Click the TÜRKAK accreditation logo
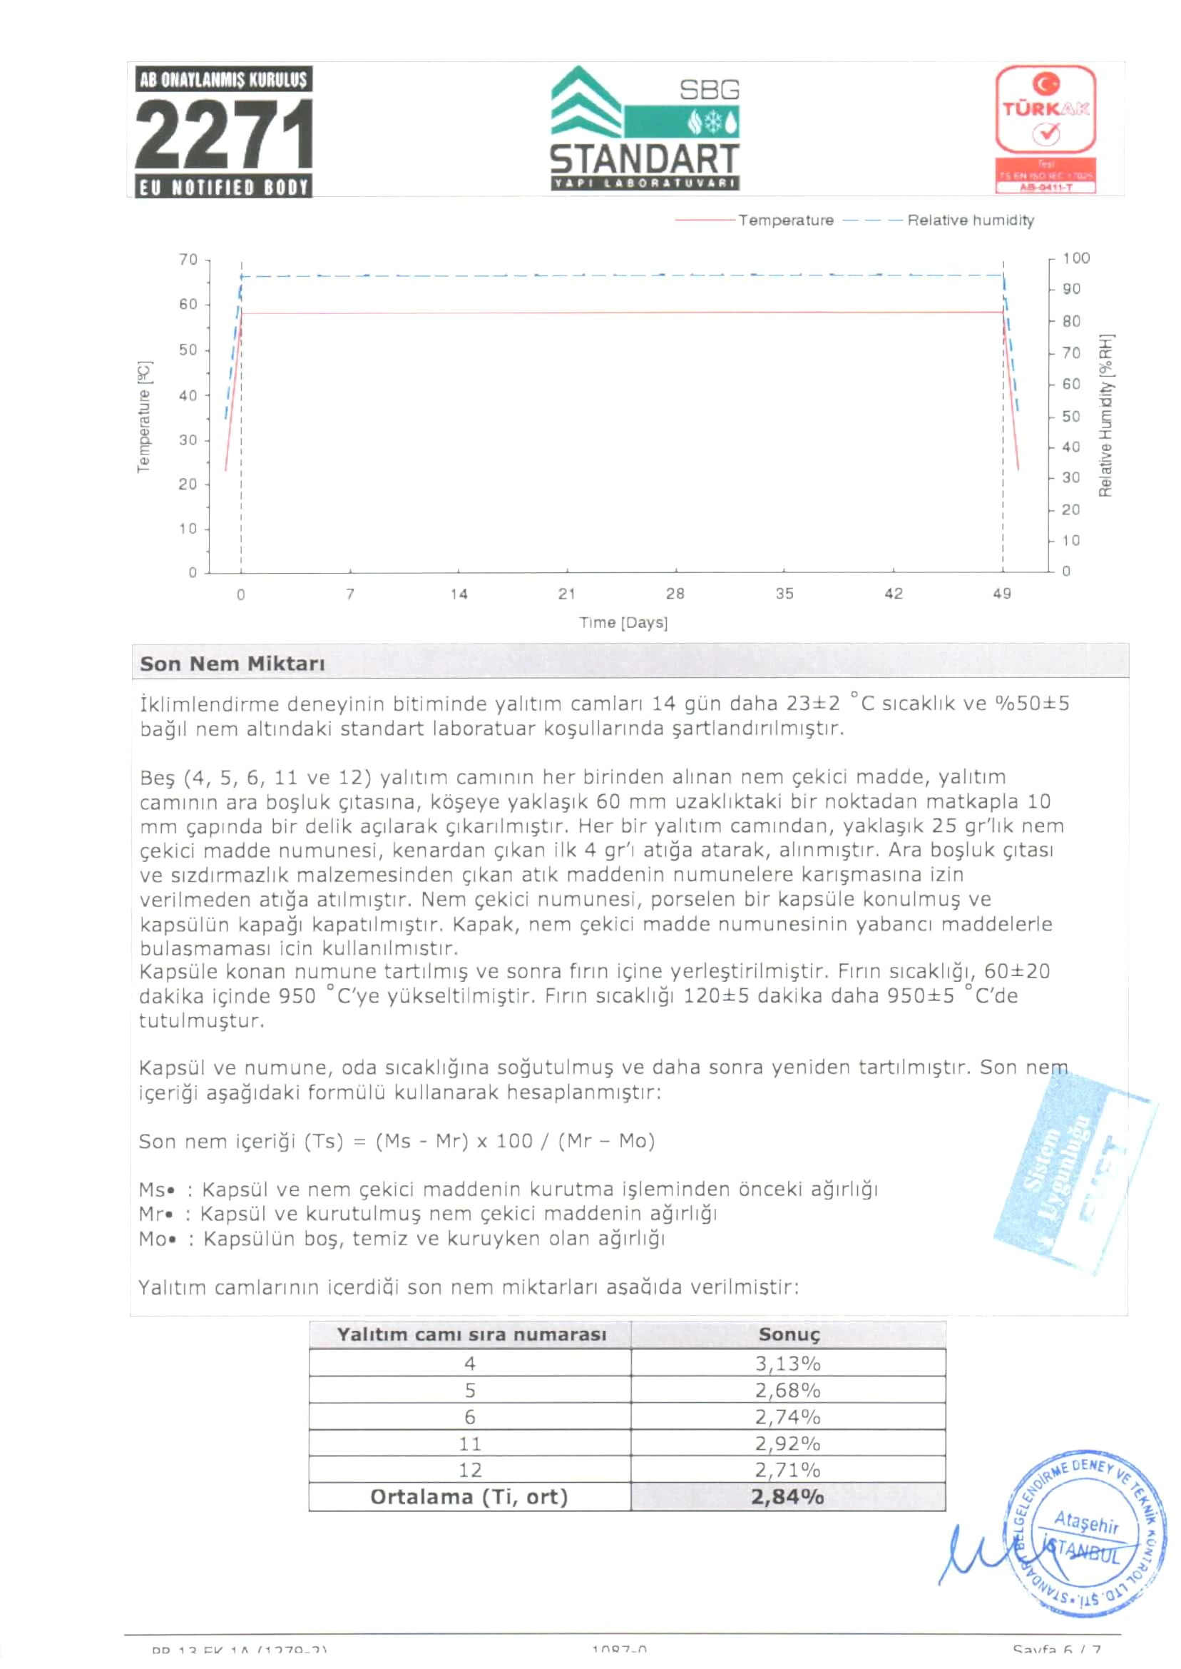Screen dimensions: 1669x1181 [1045, 128]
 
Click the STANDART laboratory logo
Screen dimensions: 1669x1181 [645, 128]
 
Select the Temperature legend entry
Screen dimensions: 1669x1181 [785, 220]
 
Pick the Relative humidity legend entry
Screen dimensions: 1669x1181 [970, 220]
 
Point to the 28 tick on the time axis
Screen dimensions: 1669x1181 [675, 594]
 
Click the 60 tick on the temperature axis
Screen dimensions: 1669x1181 [188, 304]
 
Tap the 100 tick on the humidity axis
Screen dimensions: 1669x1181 [1075, 258]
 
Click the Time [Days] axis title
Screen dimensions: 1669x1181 [623, 623]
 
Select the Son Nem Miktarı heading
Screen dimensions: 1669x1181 [232, 664]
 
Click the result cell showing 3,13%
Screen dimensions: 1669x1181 [787, 1363]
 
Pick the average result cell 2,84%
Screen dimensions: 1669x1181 [787, 1496]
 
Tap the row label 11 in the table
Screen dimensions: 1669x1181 [470, 1444]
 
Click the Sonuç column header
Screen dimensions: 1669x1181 [788, 1334]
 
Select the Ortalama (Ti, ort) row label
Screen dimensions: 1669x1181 [469, 1496]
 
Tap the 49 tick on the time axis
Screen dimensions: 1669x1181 [1002, 594]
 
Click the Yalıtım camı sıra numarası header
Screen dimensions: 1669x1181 [471, 1334]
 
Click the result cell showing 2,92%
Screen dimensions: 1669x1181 [787, 1444]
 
